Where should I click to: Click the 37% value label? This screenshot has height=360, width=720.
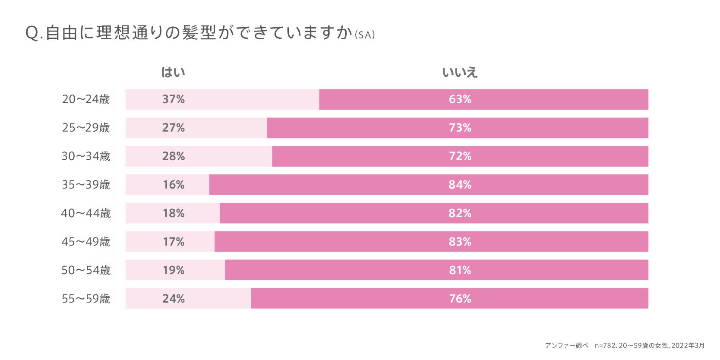tap(173, 99)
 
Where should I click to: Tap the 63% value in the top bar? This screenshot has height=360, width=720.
tap(460, 99)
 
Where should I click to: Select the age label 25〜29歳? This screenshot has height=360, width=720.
tap(86, 128)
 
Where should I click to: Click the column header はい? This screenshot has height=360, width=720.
tap(173, 72)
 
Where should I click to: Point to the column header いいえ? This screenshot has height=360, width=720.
tap(460, 72)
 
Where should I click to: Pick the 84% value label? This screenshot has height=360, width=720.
tap(460, 185)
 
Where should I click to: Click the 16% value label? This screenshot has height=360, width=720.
tap(173, 185)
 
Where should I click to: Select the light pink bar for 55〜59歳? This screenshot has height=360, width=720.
tap(216, 298)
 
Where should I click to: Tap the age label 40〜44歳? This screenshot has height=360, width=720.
tap(86, 213)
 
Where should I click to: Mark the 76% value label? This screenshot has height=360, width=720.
tap(460, 299)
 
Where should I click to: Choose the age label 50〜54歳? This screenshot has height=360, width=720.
tap(86, 270)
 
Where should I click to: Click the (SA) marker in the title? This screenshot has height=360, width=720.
tap(365, 35)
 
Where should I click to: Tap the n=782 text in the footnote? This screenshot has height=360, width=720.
tap(604, 345)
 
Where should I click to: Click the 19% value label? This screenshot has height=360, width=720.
tap(173, 270)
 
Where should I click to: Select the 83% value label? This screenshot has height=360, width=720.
tap(460, 242)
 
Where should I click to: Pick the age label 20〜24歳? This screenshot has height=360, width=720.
tap(86, 99)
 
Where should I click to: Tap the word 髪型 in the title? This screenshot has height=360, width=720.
tap(199, 33)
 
